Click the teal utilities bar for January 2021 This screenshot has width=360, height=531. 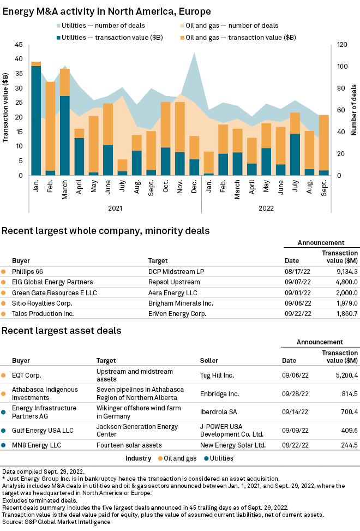(x=36, y=121)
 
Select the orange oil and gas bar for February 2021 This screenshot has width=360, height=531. (x=50, y=126)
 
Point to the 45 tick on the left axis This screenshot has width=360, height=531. (x=19, y=44)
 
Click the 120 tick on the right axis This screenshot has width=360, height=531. (x=342, y=44)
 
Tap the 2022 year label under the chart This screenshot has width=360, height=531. (x=266, y=208)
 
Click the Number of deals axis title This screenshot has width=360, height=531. (x=354, y=110)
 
